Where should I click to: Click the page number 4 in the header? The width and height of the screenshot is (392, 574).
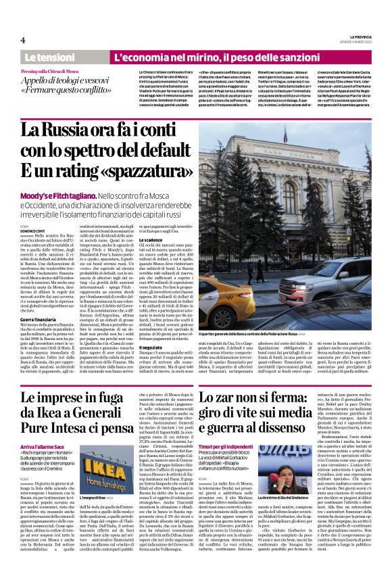tap(22, 41)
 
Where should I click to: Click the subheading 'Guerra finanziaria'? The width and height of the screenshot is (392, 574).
tap(38, 318)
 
